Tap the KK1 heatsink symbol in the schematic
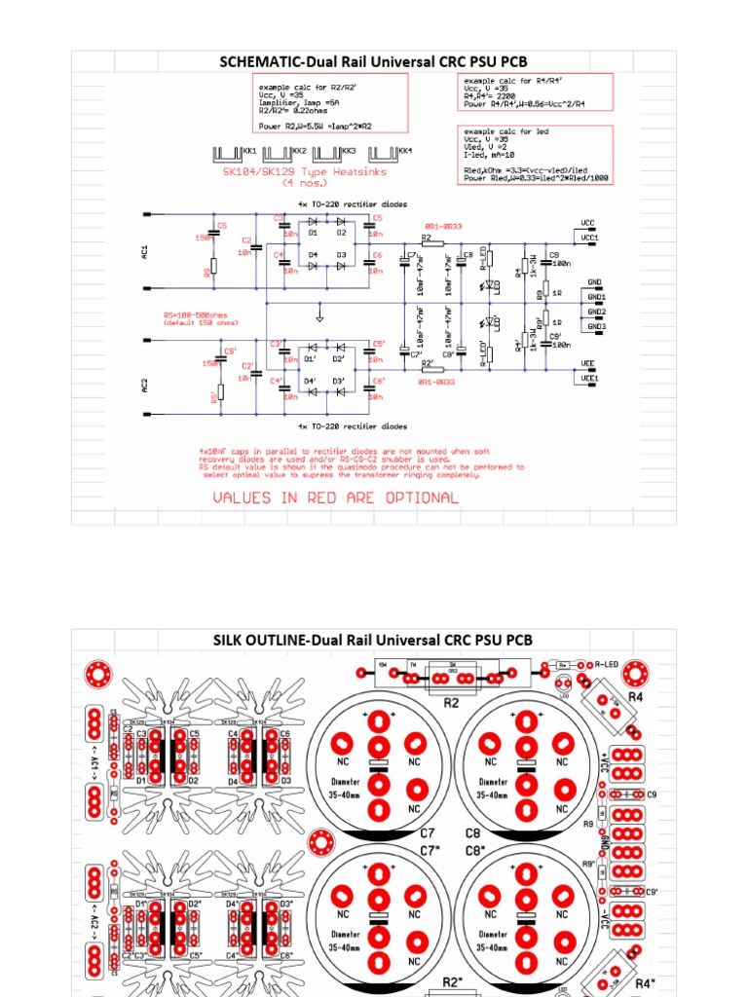[x=227, y=154]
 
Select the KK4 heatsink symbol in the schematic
[x=384, y=154]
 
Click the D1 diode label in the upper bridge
[x=314, y=233]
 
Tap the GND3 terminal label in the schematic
[x=596, y=327]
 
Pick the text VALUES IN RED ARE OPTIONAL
[x=335, y=498]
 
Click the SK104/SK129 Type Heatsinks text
[x=305, y=171]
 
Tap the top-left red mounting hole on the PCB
[x=95, y=673]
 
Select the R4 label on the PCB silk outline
[x=635, y=697]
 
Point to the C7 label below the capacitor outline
[x=427, y=833]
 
